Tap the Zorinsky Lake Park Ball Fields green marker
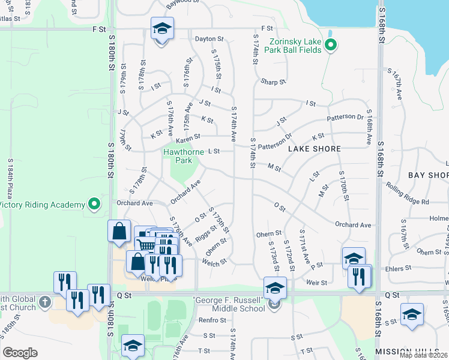coord(330,45)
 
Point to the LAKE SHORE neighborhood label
coord(314,149)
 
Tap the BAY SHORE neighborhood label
coord(429,175)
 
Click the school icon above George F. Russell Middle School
coord(275,288)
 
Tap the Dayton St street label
coord(209,39)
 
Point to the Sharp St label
coord(273,82)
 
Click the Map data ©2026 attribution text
coord(424,355)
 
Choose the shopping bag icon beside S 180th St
coord(119,232)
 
